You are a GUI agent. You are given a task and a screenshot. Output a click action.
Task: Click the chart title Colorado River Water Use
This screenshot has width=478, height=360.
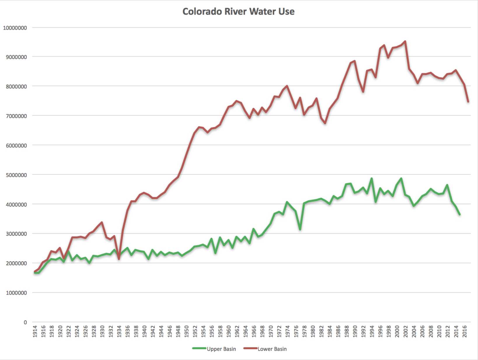(x=238, y=11)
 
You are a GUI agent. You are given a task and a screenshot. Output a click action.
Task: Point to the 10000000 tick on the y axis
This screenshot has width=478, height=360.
(x=15, y=28)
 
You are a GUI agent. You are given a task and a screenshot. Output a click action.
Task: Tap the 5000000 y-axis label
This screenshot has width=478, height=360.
(x=16, y=175)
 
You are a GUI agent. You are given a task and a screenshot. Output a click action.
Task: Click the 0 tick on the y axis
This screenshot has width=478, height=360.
(x=25, y=322)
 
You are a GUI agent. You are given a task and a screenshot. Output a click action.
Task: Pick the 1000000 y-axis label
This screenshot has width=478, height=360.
(x=16, y=293)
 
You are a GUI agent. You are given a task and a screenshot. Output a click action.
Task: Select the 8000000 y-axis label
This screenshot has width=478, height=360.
(x=16, y=87)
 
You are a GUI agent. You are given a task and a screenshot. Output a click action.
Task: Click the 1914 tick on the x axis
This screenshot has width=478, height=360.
(x=35, y=331)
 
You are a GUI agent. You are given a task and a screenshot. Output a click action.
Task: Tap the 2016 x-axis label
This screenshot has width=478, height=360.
(x=465, y=331)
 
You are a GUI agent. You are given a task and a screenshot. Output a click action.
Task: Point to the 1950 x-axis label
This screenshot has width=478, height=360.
(x=186, y=331)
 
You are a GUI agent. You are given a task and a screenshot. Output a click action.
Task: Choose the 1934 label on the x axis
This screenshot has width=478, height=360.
(x=119, y=331)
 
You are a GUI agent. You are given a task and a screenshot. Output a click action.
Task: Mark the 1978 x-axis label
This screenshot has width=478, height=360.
(x=305, y=331)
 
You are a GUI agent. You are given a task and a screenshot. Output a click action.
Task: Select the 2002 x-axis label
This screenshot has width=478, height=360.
(x=406, y=331)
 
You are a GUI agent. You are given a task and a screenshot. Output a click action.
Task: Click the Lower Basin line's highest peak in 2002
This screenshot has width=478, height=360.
(x=405, y=41)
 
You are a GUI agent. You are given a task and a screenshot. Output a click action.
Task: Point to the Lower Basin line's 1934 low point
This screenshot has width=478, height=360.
(x=119, y=259)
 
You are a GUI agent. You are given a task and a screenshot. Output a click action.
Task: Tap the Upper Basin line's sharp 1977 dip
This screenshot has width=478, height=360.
(x=300, y=229)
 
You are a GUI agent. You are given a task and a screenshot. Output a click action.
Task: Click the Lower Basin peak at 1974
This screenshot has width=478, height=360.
(x=287, y=86)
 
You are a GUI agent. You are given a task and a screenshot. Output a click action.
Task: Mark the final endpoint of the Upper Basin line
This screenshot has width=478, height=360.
(x=460, y=214)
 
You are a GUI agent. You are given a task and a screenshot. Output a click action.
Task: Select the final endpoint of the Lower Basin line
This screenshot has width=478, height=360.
(x=468, y=102)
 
